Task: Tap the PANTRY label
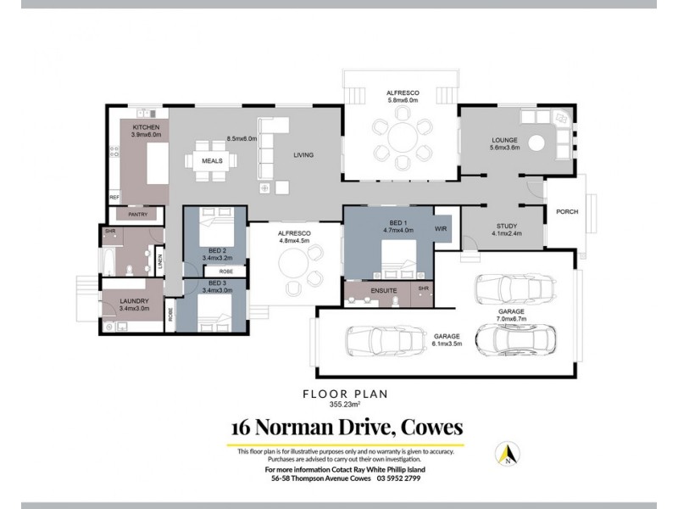pos(138,215)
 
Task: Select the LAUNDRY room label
pos(135,300)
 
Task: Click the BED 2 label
pos(217,251)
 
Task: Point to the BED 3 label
pos(217,282)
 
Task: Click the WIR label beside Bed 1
pos(440,229)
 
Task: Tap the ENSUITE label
pos(385,291)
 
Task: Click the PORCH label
pos(566,211)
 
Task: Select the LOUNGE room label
pos(504,140)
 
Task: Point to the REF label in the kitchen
pos(114,197)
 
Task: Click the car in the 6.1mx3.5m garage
pos(382,342)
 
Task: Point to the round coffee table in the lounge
pos(536,143)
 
